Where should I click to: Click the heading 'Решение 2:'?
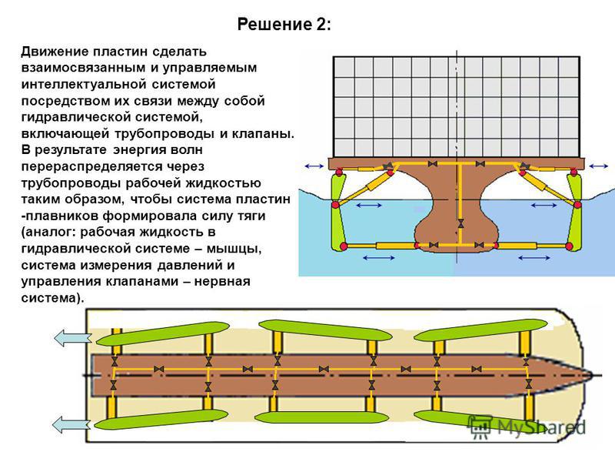(x=284, y=25)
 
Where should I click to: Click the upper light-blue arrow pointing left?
(x=72, y=338)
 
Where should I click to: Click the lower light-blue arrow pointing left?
(x=71, y=425)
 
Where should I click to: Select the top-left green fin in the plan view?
(x=162, y=333)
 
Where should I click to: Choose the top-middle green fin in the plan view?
(x=325, y=330)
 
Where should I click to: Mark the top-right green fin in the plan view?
(x=481, y=330)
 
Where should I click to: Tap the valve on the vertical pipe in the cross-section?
(x=460, y=224)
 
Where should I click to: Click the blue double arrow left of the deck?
(x=314, y=166)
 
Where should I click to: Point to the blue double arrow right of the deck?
(x=599, y=166)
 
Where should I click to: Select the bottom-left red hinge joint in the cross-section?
(x=344, y=246)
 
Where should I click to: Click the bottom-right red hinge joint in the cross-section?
(x=569, y=246)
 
